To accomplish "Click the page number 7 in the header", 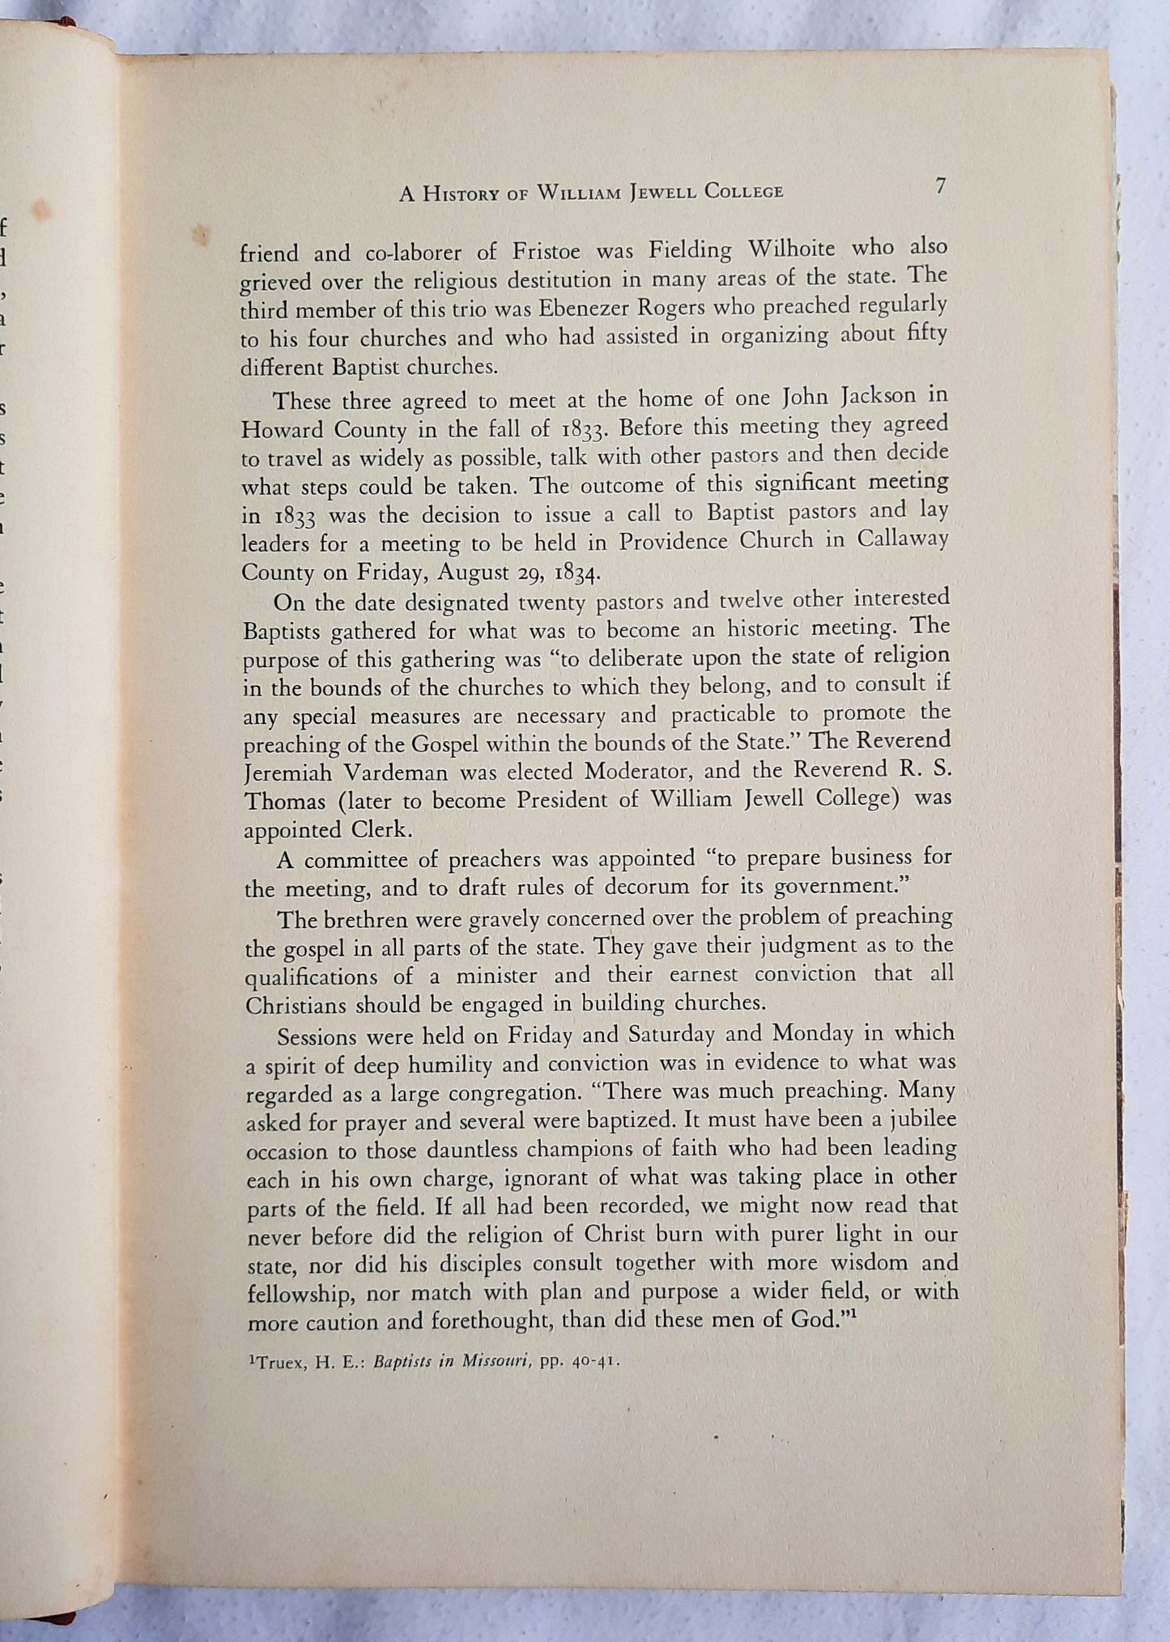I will coord(939,185).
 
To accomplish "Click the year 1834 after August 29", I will coord(576,573).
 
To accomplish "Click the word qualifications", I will coord(312,975).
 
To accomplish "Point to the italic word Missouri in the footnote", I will coord(496,1362).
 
